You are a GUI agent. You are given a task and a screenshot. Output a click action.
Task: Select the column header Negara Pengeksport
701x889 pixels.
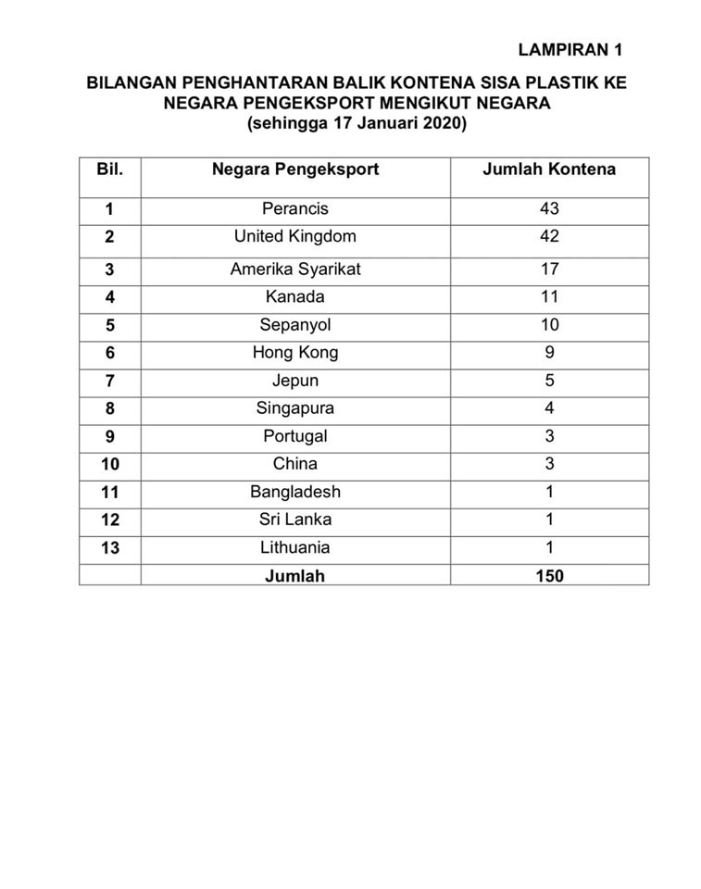295,169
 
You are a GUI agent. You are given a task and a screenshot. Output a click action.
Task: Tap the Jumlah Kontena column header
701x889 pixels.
549,169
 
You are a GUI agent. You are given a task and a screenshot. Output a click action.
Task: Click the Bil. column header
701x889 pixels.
109,169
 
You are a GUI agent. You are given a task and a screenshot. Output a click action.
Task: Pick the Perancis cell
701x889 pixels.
295,209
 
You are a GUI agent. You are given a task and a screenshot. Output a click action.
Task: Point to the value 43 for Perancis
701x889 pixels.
549,209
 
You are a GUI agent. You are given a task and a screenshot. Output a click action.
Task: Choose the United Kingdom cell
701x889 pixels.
295,236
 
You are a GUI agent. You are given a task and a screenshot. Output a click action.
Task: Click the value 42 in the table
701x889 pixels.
549,236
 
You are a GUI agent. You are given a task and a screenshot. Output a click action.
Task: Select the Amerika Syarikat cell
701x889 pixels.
295,269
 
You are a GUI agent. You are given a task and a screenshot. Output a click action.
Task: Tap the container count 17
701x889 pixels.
549,269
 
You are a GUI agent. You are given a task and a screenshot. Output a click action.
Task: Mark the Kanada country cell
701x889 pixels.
295,297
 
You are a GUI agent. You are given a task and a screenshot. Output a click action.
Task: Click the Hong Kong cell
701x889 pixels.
295,352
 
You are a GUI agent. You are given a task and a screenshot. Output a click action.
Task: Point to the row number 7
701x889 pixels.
109,381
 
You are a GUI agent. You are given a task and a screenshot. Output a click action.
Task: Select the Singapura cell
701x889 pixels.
295,408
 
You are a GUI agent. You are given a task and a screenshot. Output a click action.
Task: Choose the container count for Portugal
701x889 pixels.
549,436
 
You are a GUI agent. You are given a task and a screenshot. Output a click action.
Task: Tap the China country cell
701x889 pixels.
295,463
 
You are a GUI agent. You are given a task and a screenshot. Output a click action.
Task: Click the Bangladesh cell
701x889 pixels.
295,492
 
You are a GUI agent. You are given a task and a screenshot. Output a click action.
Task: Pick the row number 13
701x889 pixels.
109,547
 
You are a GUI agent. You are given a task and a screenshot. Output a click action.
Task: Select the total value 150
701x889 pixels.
549,575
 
